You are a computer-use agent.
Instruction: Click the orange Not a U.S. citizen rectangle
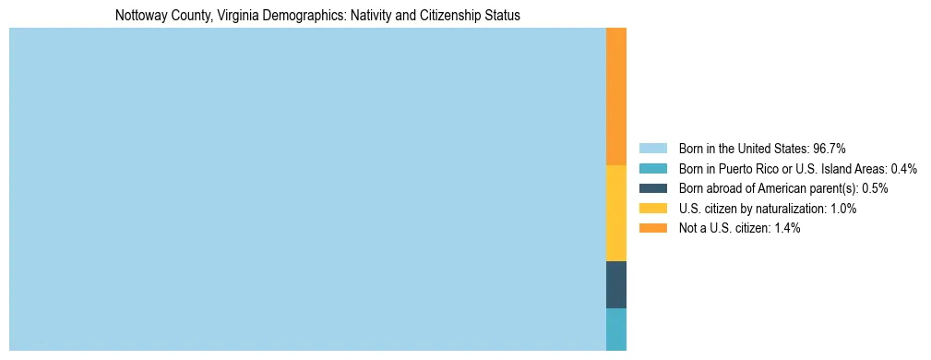615,96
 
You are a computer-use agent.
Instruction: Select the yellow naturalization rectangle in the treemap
615,213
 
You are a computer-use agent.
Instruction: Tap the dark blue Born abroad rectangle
615,284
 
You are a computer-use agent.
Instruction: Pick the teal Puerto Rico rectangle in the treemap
615,330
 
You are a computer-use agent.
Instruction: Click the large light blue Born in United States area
307,189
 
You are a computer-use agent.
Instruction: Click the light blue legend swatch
652,149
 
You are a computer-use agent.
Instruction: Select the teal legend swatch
652,169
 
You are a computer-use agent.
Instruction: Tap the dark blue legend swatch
652,188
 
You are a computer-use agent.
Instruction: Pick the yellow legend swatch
652,209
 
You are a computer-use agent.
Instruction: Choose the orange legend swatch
652,228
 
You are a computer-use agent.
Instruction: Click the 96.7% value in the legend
830,149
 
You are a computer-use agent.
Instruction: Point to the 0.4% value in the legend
903,169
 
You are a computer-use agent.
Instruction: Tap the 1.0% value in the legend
842,209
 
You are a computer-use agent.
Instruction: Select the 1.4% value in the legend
786,228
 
